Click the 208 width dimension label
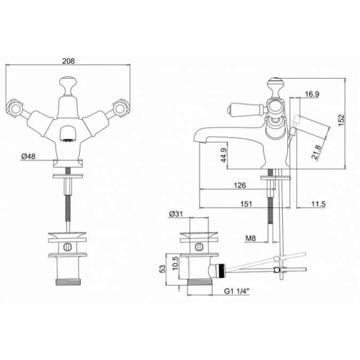(x=68, y=61)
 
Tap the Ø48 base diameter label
(x=28, y=156)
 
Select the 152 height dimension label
(x=341, y=120)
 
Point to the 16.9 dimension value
(x=312, y=94)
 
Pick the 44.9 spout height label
(x=223, y=155)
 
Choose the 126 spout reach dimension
(x=239, y=185)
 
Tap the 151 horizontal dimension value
(x=246, y=204)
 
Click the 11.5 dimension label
(x=318, y=204)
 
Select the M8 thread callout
(x=251, y=238)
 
